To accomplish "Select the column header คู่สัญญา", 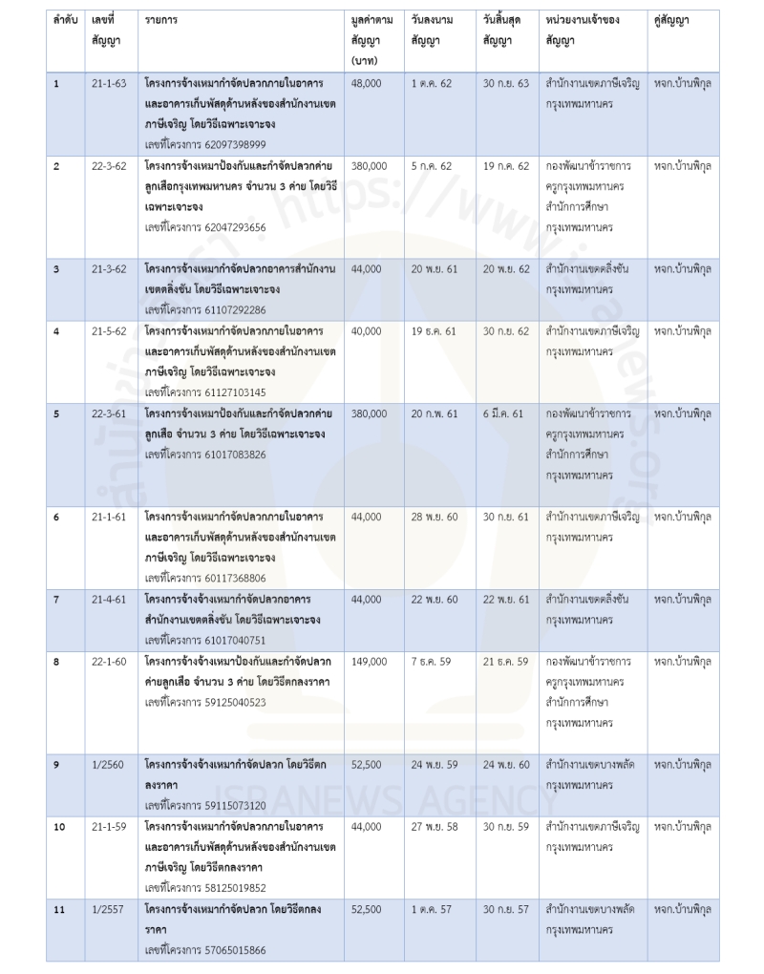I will tap(672, 19).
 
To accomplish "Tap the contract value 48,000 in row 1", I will tap(367, 83).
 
